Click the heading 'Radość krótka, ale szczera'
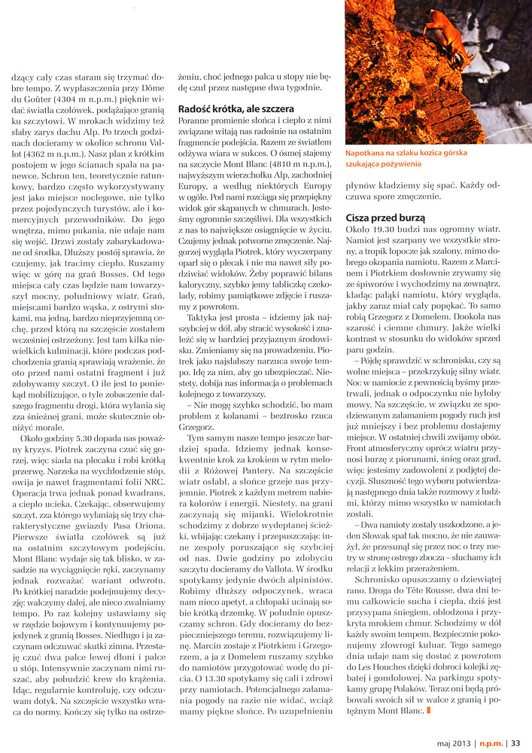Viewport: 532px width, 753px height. [235, 109]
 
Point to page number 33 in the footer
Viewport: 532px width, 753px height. [516, 742]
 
